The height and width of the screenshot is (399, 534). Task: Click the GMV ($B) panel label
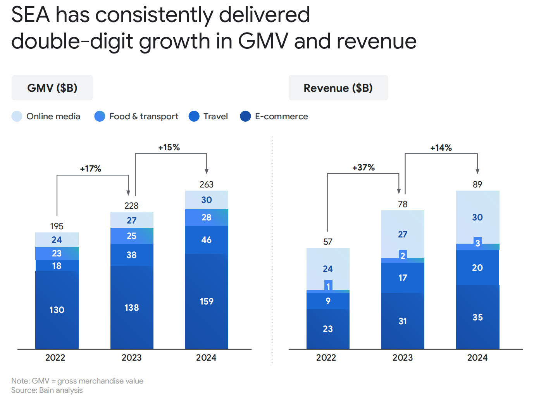pyautogui.click(x=52, y=88)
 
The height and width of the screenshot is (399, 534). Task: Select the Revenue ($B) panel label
pyautogui.click(x=338, y=88)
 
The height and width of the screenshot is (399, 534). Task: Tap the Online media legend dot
pyautogui.click(x=17, y=116)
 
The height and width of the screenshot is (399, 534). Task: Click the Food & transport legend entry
pyautogui.click(x=136, y=116)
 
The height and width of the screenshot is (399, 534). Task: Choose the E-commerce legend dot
pyautogui.click(x=245, y=116)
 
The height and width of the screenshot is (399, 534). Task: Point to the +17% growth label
pyautogui.click(x=91, y=169)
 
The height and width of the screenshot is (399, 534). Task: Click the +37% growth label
pyautogui.click(x=363, y=167)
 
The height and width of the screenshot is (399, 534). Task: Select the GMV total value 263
pyautogui.click(x=206, y=184)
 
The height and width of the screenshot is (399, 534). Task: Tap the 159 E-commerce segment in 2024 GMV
pyautogui.click(x=207, y=301)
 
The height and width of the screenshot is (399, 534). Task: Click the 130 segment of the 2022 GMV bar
pyautogui.click(x=57, y=310)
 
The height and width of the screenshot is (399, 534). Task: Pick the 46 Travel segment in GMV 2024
pyautogui.click(x=207, y=240)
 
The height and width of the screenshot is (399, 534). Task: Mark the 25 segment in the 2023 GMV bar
pyautogui.click(x=132, y=236)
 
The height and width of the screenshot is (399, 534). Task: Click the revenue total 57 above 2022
pyautogui.click(x=328, y=242)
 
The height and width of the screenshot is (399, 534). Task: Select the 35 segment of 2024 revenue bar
pyautogui.click(x=477, y=317)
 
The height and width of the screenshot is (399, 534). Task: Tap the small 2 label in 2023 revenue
pyautogui.click(x=403, y=256)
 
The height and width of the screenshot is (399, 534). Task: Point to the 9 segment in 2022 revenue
pyautogui.click(x=328, y=301)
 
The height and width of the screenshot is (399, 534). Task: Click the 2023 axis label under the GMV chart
pyautogui.click(x=132, y=358)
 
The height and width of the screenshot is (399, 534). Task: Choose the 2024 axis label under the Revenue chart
pyautogui.click(x=477, y=358)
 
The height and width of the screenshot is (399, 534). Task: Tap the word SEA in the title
pyautogui.click(x=31, y=15)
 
